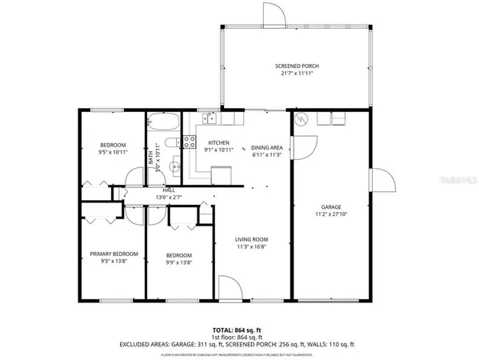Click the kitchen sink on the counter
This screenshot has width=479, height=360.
[x=209, y=120]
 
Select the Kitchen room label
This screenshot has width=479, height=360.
[x=218, y=142]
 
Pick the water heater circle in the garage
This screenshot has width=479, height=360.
[x=301, y=121]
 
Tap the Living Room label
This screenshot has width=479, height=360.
[x=250, y=240]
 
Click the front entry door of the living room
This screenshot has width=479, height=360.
[x=229, y=288]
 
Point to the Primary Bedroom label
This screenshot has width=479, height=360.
[x=114, y=254]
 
